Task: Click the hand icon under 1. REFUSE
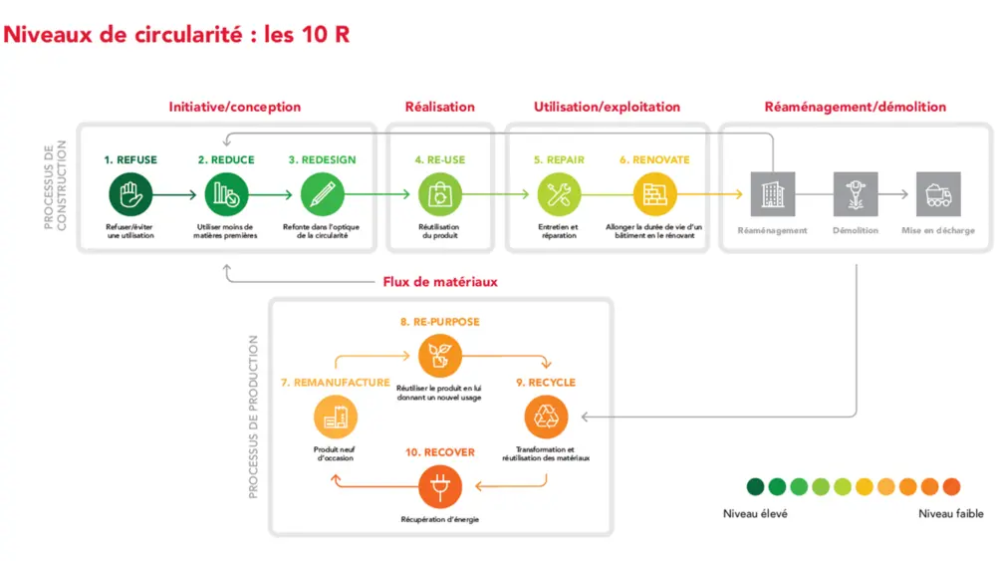click(130, 194)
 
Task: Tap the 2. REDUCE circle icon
click(226, 194)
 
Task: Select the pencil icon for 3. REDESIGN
click(322, 194)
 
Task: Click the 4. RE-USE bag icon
click(439, 194)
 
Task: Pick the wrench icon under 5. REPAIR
click(558, 194)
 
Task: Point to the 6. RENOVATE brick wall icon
click(653, 194)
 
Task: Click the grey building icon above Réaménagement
click(772, 194)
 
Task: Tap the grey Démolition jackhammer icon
click(855, 194)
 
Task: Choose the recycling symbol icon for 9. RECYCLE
click(546, 417)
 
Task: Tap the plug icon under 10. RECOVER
click(439, 488)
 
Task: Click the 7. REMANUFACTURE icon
click(335, 417)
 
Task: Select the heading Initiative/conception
click(235, 107)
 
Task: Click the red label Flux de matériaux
click(440, 282)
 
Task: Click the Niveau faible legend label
click(951, 514)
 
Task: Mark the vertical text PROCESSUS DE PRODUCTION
click(253, 417)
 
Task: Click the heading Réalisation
click(439, 107)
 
